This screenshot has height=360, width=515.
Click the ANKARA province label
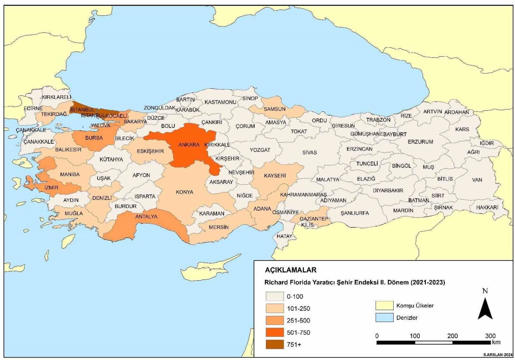(189, 145)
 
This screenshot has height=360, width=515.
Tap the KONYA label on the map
(184, 192)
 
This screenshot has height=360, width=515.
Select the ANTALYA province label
(146, 217)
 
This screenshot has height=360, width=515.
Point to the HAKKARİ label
(487, 208)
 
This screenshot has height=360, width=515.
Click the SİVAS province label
(309, 153)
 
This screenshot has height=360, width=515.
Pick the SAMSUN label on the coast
(274, 109)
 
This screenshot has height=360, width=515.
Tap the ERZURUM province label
(420, 142)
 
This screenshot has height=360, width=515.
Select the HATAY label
(284, 236)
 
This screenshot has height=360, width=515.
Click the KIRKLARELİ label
(56, 97)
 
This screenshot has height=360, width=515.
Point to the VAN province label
(477, 180)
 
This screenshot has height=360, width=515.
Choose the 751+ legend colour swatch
(275, 345)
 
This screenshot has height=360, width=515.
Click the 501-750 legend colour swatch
(275, 332)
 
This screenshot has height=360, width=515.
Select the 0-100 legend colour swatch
(275, 297)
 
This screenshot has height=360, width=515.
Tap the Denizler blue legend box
(384, 318)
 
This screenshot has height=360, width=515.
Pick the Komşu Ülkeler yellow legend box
(384, 306)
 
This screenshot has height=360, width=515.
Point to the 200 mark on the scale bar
(452, 336)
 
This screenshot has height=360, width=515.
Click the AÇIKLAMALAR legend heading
(290, 270)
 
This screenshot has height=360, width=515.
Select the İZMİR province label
(51, 188)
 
